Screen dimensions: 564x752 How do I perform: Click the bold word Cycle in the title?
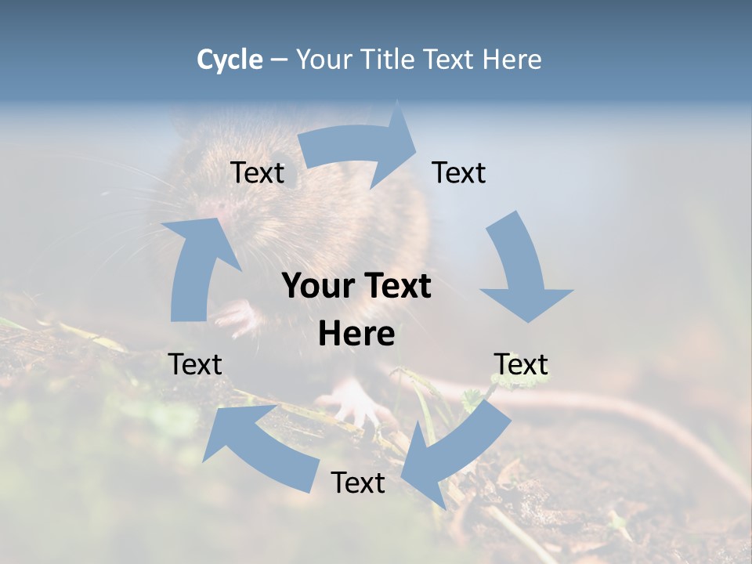click(230, 60)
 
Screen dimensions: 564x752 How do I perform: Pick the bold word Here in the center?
click(356, 334)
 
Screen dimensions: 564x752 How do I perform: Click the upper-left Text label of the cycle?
click(257, 172)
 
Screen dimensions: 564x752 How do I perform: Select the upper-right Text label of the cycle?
click(459, 172)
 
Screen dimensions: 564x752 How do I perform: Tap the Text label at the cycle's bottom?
click(358, 483)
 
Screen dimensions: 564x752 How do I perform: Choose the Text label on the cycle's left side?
click(195, 364)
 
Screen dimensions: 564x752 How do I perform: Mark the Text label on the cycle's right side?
click(521, 364)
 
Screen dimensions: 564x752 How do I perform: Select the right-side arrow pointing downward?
click(522, 270)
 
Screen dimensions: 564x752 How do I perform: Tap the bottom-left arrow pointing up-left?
click(258, 446)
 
